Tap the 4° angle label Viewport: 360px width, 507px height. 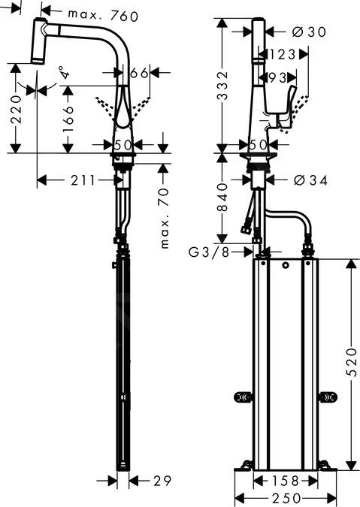pos(65,74)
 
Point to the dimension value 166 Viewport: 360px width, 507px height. pos(68,119)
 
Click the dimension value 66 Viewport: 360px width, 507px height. pos(138,73)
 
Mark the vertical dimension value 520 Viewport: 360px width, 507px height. pos(351,364)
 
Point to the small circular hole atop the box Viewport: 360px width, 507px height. pos(285,267)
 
